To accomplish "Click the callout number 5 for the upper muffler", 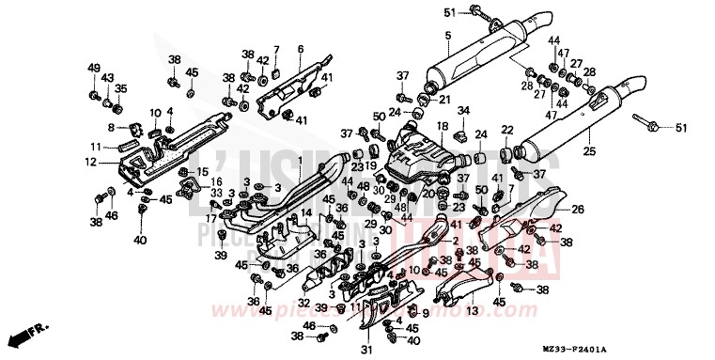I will [x=447, y=37].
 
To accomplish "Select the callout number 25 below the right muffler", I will [x=590, y=150].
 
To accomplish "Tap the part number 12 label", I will [x=90, y=162].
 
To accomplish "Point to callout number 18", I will [x=441, y=126].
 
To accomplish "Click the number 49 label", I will [x=93, y=68].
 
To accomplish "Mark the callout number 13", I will [x=472, y=310].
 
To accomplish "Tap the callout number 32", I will [x=304, y=302].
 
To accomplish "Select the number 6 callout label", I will [x=300, y=49].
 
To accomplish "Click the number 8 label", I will [x=110, y=127].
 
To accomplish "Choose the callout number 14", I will [x=306, y=215].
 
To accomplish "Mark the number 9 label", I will [x=425, y=313].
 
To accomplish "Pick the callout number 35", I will [x=119, y=90].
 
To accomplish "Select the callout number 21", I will [x=444, y=99].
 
